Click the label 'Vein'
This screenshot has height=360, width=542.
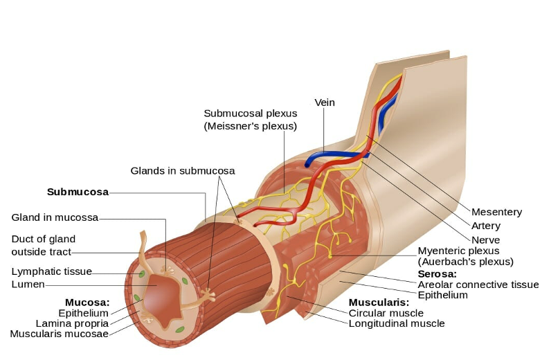point(325,102)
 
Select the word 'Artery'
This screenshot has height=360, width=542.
point(485,226)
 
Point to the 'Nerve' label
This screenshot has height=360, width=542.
point(485,240)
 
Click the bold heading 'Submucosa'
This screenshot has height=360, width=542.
point(78,192)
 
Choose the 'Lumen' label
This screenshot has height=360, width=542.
point(28,285)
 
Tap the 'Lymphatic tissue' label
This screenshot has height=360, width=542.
point(51,271)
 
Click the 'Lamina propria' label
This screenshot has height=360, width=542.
point(72,323)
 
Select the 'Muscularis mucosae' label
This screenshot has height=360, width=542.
point(60,334)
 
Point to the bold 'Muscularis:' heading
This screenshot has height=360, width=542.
point(379,303)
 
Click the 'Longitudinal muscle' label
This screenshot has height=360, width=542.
point(397,323)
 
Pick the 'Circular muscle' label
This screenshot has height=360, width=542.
point(386,313)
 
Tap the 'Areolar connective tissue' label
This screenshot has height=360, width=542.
point(478,285)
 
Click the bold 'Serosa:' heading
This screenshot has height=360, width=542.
point(437,274)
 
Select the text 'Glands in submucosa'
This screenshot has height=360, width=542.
point(183,170)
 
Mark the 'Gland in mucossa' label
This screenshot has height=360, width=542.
point(55,217)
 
